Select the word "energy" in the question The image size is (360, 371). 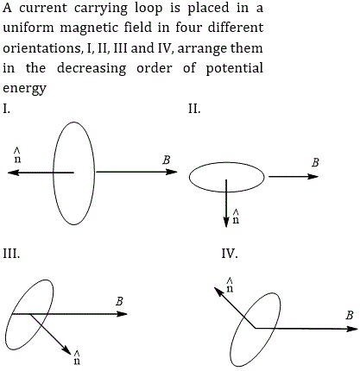[24, 88]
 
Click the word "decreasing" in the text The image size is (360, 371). [92, 69]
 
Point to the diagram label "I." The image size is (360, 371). [6, 109]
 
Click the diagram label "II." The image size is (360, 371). [194, 109]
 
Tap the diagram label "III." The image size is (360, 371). [11, 254]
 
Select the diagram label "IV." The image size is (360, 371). [230, 254]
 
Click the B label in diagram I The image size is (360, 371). [167, 160]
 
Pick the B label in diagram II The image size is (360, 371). [315, 163]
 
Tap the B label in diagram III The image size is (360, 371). [119, 301]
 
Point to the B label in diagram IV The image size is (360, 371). [350, 315]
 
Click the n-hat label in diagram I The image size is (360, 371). [17, 155]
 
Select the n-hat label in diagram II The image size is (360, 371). [236, 217]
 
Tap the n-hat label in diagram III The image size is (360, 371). [77, 357]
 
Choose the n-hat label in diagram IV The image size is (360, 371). [230, 285]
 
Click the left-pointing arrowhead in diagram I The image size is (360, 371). [13, 173]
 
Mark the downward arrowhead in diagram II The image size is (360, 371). [226, 222]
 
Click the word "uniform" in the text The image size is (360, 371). [28, 28]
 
